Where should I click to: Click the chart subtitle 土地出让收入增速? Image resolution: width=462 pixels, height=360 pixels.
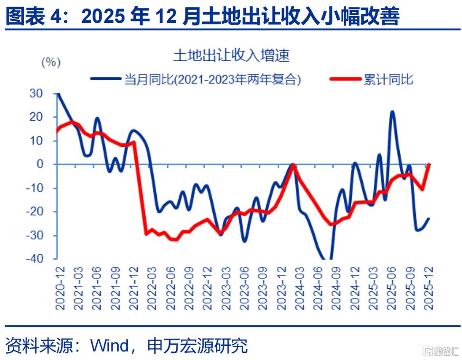pyautogui.click(x=231, y=56)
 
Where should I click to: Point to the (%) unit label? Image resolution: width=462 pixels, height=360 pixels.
pyautogui.click(x=51, y=63)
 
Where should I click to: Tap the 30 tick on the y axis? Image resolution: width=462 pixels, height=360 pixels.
pyautogui.click(x=36, y=94)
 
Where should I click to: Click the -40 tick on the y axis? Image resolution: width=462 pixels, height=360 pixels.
pyautogui.click(x=35, y=259)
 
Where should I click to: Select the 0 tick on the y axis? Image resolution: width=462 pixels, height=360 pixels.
pyautogui.click(x=40, y=164)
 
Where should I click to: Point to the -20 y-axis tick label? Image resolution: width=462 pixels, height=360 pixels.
pyautogui.click(x=35, y=211)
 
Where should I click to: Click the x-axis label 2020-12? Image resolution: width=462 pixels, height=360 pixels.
pyautogui.click(x=60, y=288)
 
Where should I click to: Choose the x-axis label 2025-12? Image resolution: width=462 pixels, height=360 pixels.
pyautogui.click(x=428, y=288)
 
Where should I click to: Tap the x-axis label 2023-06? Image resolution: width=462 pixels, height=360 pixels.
pyautogui.click(x=244, y=288)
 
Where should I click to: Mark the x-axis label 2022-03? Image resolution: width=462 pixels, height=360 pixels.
pyautogui.click(x=152, y=288)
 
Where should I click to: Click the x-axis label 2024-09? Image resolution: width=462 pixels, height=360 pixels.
pyautogui.click(x=336, y=288)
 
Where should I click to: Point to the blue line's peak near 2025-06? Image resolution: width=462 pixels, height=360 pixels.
pyautogui.click(x=392, y=112)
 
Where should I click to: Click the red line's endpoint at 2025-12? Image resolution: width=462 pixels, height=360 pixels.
pyautogui.click(x=429, y=164)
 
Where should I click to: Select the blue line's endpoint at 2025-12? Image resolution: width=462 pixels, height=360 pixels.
pyautogui.click(x=429, y=218)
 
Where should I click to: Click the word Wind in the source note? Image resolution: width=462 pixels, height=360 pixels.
pyautogui.click(x=109, y=345)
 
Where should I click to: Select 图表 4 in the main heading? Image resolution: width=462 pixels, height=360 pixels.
pyautogui.click(x=33, y=16)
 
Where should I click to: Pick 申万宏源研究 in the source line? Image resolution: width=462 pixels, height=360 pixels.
pyautogui.click(x=197, y=346)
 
